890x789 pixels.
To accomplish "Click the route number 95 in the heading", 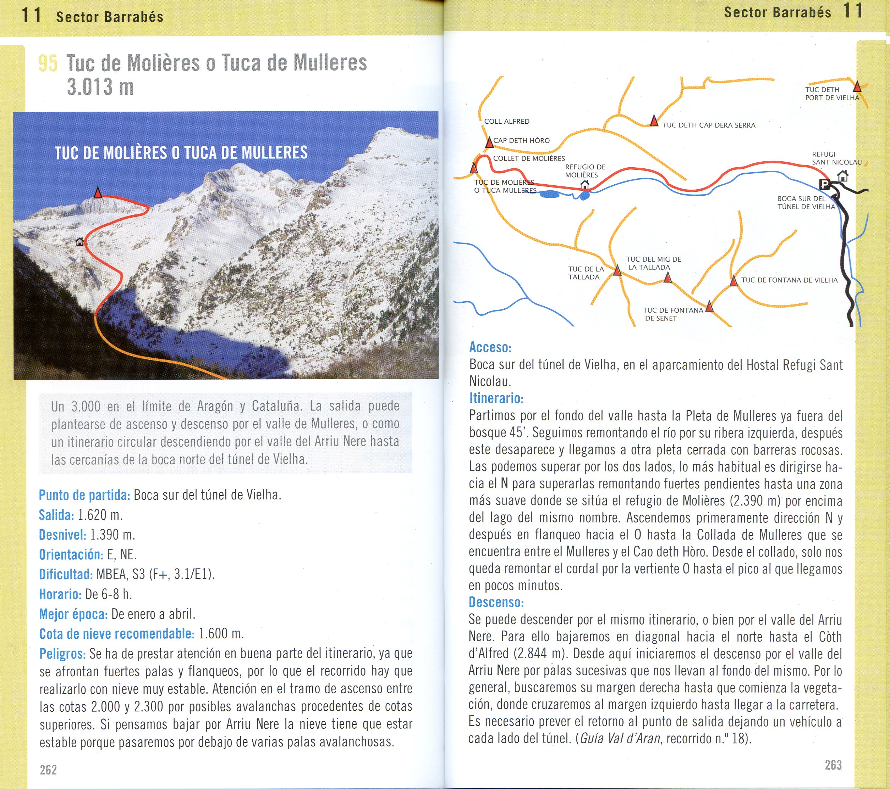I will (48, 63).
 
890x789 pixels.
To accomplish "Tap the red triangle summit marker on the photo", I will (98, 193).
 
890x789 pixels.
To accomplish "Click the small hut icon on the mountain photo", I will (80, 241).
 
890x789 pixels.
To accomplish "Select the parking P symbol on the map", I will (824, 184).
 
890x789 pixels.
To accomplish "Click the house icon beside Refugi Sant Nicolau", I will (843, 176).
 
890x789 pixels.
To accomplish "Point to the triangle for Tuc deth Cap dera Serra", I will (654, 121).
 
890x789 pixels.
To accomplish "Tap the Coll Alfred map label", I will (507, 121).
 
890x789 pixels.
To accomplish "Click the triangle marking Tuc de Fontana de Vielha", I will (734, 281).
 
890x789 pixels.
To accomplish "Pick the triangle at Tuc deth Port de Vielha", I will (857, 86).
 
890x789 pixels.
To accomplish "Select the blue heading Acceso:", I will (490, 347).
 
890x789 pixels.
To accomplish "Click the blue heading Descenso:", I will (496, 603).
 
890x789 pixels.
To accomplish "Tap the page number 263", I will (833, 765).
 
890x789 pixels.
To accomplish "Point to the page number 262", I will (48, 770).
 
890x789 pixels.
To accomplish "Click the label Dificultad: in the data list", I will (66, 575).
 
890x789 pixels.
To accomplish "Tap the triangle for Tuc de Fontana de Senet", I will (709, 306).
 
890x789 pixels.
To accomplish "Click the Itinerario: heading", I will (496, 398).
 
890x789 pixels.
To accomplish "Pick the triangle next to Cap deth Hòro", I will (489, 142).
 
